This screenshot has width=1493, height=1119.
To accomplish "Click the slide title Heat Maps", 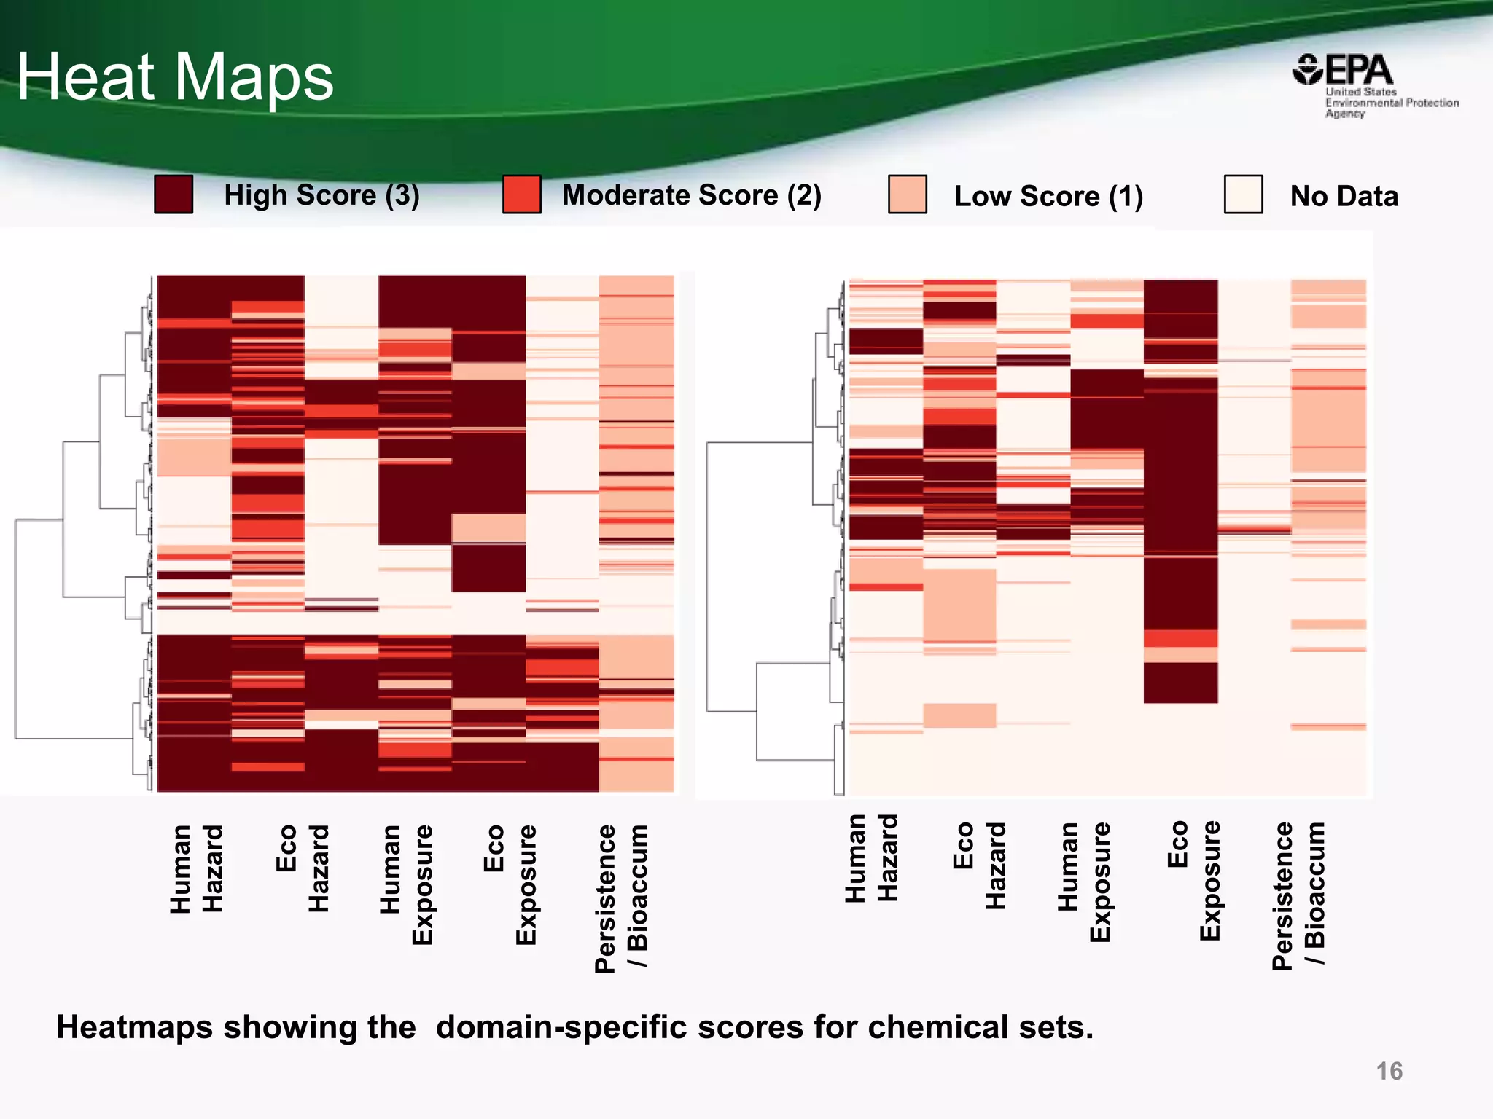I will tap(175, 76).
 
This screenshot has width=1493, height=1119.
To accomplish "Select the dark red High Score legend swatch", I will tap(174, 195).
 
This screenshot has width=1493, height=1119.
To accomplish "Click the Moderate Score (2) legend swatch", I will tap(522, 195).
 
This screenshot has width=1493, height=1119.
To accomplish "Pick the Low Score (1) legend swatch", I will tap(908, 195).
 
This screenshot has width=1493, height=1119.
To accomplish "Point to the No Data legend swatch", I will tap(1243, 195).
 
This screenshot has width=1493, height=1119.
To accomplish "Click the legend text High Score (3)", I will tap(321, 195).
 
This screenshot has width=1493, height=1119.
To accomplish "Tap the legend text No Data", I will tap(1344, 196).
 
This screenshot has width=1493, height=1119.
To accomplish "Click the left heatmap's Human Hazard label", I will tap(196, 868).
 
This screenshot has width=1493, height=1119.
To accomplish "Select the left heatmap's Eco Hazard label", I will tap(302, 868).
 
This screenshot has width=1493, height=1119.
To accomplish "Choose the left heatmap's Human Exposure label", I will tap(406, 884).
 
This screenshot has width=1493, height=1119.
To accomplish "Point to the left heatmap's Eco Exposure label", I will tap(510, 884).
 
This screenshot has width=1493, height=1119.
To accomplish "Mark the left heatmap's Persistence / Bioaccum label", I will tap(620, 898).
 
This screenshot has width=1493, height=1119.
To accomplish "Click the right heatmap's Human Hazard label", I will tap(871, 858).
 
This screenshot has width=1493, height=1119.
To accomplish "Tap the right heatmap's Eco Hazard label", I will tap(979, 865).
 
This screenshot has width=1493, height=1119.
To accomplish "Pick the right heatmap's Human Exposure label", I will tap(1084, 882).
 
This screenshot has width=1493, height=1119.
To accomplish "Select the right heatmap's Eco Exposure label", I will tap(1193, 880).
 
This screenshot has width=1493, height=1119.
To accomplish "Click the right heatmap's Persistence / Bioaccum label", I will tap(1298, 895).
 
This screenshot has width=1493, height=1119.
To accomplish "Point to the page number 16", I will tap(1389, 1071).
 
